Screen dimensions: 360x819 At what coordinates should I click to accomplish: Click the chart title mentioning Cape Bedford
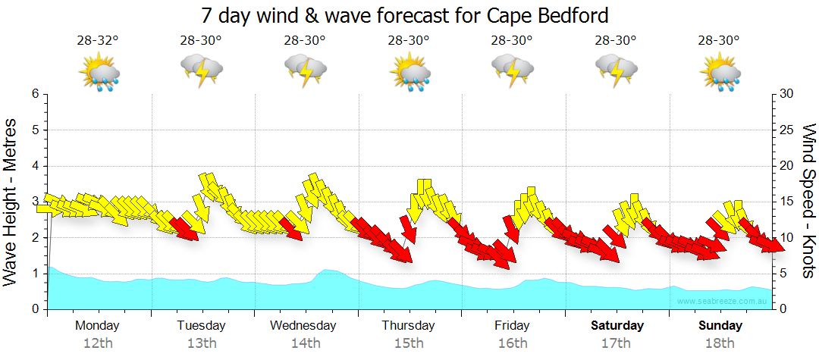(406, 15)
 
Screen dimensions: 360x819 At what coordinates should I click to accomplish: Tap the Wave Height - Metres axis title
(11, 202)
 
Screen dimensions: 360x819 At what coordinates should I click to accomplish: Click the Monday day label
(97, 326)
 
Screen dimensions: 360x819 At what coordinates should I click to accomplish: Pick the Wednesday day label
(303, 326)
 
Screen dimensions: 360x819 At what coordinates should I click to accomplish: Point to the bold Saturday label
(617, 326)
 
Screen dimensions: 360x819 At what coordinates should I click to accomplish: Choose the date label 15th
(409, 343)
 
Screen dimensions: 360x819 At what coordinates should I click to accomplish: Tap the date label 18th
(720, 343)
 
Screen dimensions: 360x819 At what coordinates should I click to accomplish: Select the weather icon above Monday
(99, 73)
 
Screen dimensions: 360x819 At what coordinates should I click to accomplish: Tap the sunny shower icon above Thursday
(410, 73)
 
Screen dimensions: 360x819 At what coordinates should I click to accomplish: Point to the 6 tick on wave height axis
(34, 94)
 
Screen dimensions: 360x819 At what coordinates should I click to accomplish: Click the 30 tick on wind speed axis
(787, 94)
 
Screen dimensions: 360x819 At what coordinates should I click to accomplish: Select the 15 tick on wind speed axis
(787, 202)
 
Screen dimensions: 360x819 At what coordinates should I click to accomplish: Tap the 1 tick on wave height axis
(34, 274)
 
